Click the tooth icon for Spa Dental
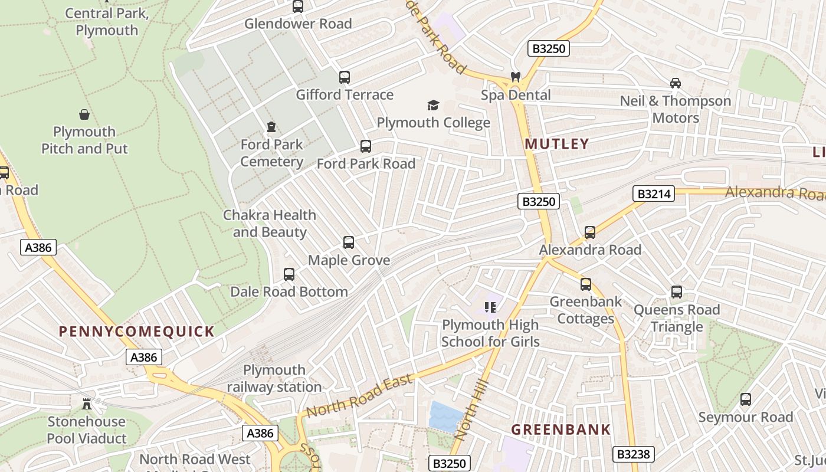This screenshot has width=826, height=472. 515,77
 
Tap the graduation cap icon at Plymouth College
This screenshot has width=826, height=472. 433,106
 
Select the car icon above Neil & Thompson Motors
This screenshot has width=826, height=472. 676,83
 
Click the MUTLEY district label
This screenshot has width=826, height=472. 557,144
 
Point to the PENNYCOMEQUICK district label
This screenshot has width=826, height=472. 136,332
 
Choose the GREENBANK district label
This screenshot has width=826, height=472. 560,430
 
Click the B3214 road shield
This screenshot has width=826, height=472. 654,194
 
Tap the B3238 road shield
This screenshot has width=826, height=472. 633,454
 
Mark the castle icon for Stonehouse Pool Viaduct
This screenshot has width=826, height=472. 87,404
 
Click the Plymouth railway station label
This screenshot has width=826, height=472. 274,378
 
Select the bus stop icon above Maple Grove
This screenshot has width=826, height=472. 349,242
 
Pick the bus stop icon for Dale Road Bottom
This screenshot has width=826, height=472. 289,274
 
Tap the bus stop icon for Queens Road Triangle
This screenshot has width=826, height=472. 677,292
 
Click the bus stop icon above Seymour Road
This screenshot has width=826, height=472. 746,399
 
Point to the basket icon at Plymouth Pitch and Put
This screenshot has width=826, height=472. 84,114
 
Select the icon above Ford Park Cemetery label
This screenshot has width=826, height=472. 271,127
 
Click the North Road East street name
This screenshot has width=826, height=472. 359,396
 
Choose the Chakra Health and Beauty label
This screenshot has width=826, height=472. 270,224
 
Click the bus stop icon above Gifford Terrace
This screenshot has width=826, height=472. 345,77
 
